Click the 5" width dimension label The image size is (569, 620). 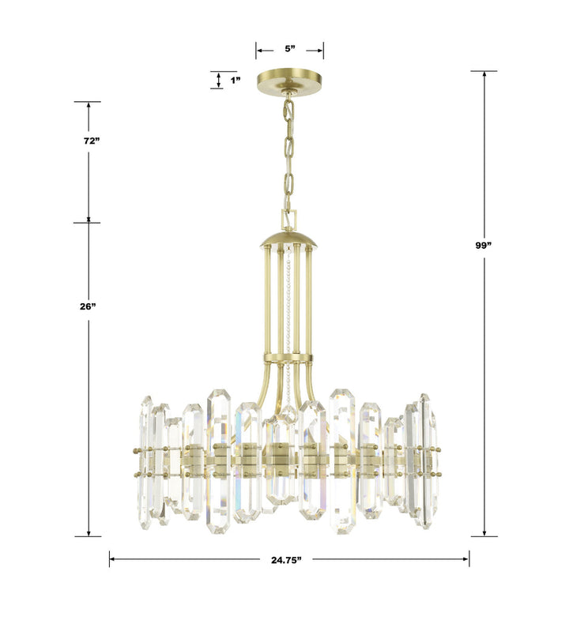pos(290,49)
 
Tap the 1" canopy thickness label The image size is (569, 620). pos(235,80)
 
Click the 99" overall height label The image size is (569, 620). pos(484,246)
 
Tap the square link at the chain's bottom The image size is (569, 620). pos(289,217)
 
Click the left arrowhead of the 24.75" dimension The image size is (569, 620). pos(112,560)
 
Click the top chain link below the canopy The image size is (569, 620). pos(289,108)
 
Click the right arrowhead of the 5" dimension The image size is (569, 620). pos(320,49)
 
